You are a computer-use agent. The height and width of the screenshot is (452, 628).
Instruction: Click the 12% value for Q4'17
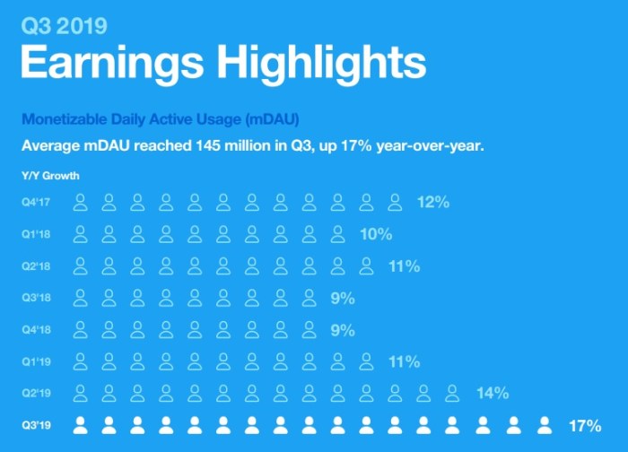(432, 203)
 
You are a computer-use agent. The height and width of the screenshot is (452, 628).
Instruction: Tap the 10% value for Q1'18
(376, 235)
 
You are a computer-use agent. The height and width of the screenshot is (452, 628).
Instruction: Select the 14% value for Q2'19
(493, 394)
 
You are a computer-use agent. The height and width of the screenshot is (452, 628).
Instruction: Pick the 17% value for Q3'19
(585, 426)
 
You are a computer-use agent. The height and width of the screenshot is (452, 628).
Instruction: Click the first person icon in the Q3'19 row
(81, 424)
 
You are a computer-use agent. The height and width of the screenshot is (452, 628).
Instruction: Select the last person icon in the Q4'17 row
(395, 202)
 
